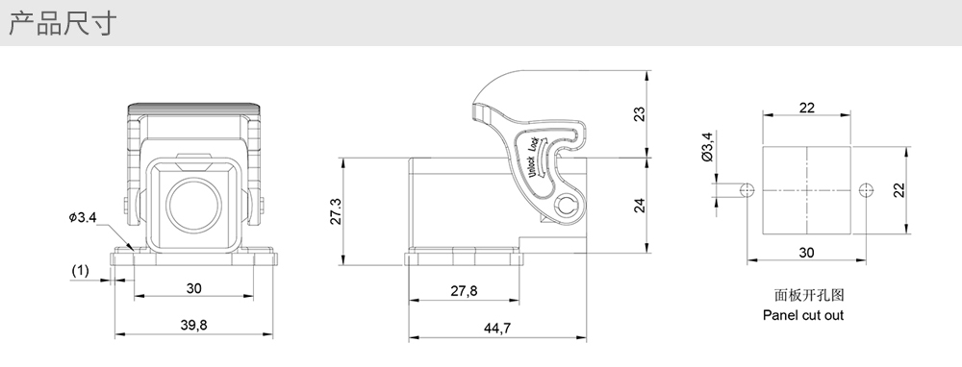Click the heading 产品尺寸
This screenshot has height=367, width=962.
(x=62, y=23)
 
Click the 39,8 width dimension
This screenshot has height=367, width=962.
(x=194, y=325)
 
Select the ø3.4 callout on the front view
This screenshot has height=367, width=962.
(x=83, y=217)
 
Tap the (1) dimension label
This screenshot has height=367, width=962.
(x=81, y=270)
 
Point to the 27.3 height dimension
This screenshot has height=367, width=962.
(x=336, y=211)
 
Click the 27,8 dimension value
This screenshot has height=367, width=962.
(x=464, y=291)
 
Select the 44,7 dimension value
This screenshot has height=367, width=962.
(x=497, y=329)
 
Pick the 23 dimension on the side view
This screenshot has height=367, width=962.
(x=640, y=114)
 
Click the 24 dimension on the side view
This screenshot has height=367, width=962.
(x=640, y=205)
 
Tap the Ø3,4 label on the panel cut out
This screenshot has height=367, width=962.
(x=707, y=147)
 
